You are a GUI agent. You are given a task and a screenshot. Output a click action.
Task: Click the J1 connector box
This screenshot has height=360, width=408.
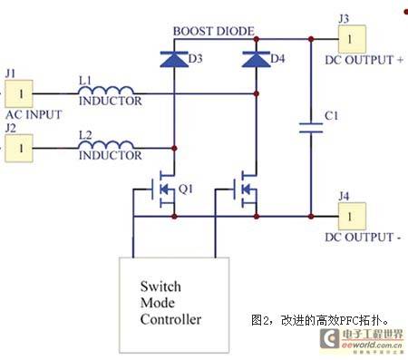(19, 93)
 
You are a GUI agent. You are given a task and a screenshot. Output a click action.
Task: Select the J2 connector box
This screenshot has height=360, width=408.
(19, 148)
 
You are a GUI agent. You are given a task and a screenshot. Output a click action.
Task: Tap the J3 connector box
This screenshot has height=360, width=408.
(352, 39)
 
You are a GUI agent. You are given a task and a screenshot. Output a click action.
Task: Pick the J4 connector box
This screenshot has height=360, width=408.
(352, 217)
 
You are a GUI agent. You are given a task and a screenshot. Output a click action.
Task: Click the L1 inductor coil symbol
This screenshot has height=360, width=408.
(106, 90)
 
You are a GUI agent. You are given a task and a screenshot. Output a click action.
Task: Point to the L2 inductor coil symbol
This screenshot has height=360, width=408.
(106, 144)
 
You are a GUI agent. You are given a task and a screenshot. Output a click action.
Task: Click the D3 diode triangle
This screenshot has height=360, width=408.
(174, 59)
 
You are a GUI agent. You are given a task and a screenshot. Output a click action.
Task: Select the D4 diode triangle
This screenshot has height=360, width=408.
(257, 59)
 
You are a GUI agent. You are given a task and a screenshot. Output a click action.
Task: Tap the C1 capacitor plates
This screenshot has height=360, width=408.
(311, 128)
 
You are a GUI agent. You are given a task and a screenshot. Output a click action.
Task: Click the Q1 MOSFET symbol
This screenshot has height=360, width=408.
(163, 190)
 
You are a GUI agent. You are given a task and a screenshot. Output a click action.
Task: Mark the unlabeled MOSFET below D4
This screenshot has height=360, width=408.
(246, 190)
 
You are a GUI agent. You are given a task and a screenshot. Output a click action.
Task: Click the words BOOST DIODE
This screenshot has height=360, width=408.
(214, 31)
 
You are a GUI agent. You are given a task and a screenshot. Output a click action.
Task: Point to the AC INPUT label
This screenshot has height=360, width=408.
(34, 115)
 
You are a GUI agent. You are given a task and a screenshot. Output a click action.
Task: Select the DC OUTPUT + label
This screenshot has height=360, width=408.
(364, 60)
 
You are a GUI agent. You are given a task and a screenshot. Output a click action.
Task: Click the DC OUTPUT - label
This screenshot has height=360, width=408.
(363, 238)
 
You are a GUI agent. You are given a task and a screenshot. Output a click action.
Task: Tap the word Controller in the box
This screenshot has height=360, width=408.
(170, 319)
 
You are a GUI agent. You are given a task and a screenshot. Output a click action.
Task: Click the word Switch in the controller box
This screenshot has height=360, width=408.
(160, 287)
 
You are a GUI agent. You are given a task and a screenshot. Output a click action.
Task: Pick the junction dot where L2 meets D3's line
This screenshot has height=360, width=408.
(174, 148)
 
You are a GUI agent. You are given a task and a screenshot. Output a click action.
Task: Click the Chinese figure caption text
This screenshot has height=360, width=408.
(320, 320)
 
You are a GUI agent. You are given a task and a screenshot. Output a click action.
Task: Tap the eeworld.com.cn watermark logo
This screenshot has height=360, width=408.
(362, 341)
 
